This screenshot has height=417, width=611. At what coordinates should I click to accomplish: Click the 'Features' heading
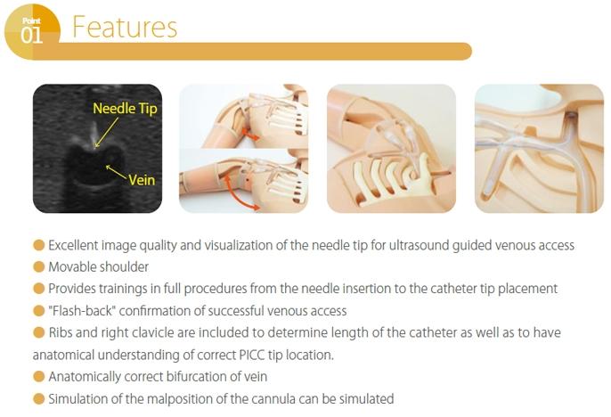[x=125, y=27]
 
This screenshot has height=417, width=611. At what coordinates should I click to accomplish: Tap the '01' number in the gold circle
[x=31, y=36]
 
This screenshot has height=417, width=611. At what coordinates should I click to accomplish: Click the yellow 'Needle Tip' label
[x=125, y=109]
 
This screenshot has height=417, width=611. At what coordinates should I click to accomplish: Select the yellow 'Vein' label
[x=142, y=180]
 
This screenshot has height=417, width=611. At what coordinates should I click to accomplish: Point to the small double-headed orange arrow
[x=249, y=135]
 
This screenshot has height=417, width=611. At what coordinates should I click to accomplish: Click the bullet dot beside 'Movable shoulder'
[x=38, y=267]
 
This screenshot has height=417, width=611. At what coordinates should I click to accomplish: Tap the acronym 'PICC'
[x=250, y=355]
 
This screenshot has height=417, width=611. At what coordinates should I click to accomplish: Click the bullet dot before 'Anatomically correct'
[x=38, y=377]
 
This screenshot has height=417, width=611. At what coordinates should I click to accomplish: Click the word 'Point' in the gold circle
[x=31, y=20]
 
